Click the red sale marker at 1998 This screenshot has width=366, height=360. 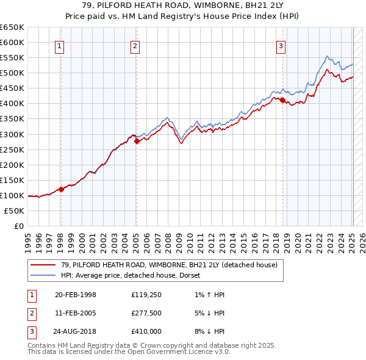click(x=61, y=189)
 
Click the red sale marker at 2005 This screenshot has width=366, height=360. click(x=137, y=141)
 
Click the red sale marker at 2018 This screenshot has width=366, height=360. click(x=282, y=100)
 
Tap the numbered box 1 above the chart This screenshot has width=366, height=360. click(x=60, y=45)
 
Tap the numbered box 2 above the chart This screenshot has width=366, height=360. click(x=135, y=45)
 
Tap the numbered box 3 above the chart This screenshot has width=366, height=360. click(x=281, y=45)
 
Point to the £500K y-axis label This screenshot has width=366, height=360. click(x=12, y=73)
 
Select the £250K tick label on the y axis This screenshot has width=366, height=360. click(x=12, y=149)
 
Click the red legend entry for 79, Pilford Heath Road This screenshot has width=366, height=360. click(x=169, y=265)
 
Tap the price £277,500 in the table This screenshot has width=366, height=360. click(x=146, y=313)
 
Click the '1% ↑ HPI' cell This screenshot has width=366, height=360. click(x=206, y=295)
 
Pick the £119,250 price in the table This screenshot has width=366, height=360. click(x=146, y=295)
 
